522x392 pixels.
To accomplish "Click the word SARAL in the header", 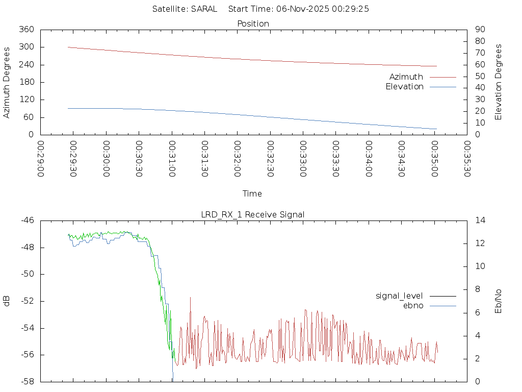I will tap(204, 9).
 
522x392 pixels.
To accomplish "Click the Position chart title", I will tap(253, 23).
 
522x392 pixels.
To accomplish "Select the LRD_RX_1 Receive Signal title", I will tap(253, 214).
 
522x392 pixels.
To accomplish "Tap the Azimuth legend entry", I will tap(406, 77).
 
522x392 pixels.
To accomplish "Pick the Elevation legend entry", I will tap(405, 87).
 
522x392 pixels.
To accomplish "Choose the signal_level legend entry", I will tap(399, 296).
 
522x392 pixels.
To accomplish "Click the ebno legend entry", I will tap(413, 305).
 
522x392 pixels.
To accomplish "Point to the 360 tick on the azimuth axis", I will tap(27, 30).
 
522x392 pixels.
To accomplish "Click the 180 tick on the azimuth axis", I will tap(27, 82).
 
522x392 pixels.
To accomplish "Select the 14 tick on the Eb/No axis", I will tap(480, 220).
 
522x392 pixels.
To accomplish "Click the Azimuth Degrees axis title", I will tap(7, 82).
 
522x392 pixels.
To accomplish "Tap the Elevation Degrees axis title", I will tap(499, 82).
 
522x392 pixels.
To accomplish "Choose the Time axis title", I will tap(252, 193).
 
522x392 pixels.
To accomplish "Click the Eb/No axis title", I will tap(499, 301).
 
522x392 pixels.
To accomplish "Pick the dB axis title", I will tap(7, 301).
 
